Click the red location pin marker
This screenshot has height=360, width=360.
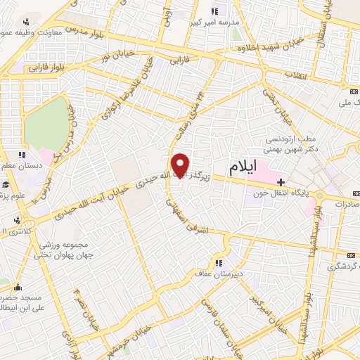(x=181, y=165)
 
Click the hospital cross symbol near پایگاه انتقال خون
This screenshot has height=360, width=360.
(x=281, y=183)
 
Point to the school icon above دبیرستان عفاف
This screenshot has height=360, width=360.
(x=218, y=264)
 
